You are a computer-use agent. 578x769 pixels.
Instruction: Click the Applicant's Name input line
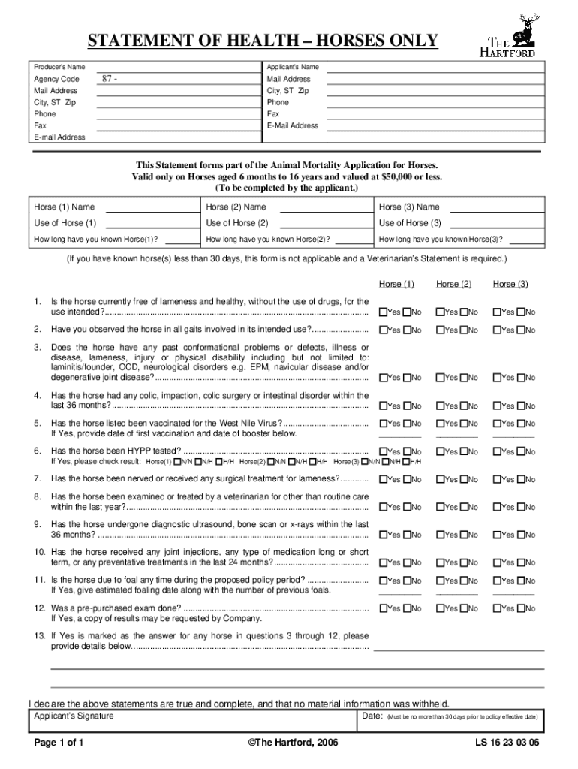point(435,68)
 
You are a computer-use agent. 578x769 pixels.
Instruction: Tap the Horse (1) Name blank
point(149,207)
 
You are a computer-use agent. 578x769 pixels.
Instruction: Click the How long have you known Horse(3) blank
point(525,240)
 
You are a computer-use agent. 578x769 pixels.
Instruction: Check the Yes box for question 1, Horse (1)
point(384,312)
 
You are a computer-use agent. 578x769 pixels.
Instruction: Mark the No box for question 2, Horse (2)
point(464,330)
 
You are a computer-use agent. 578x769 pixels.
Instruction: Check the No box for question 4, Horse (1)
point(407,406)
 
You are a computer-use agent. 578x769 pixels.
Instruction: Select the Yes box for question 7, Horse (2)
point(441,479)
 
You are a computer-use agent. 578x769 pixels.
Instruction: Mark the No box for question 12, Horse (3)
point(520,608)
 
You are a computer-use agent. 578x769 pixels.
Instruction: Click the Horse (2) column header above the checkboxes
point(454,284)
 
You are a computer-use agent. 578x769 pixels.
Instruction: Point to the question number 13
point(39,635)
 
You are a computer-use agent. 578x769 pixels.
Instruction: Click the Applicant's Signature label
point(74,716)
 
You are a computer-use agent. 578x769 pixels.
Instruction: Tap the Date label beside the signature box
point(372,716)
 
